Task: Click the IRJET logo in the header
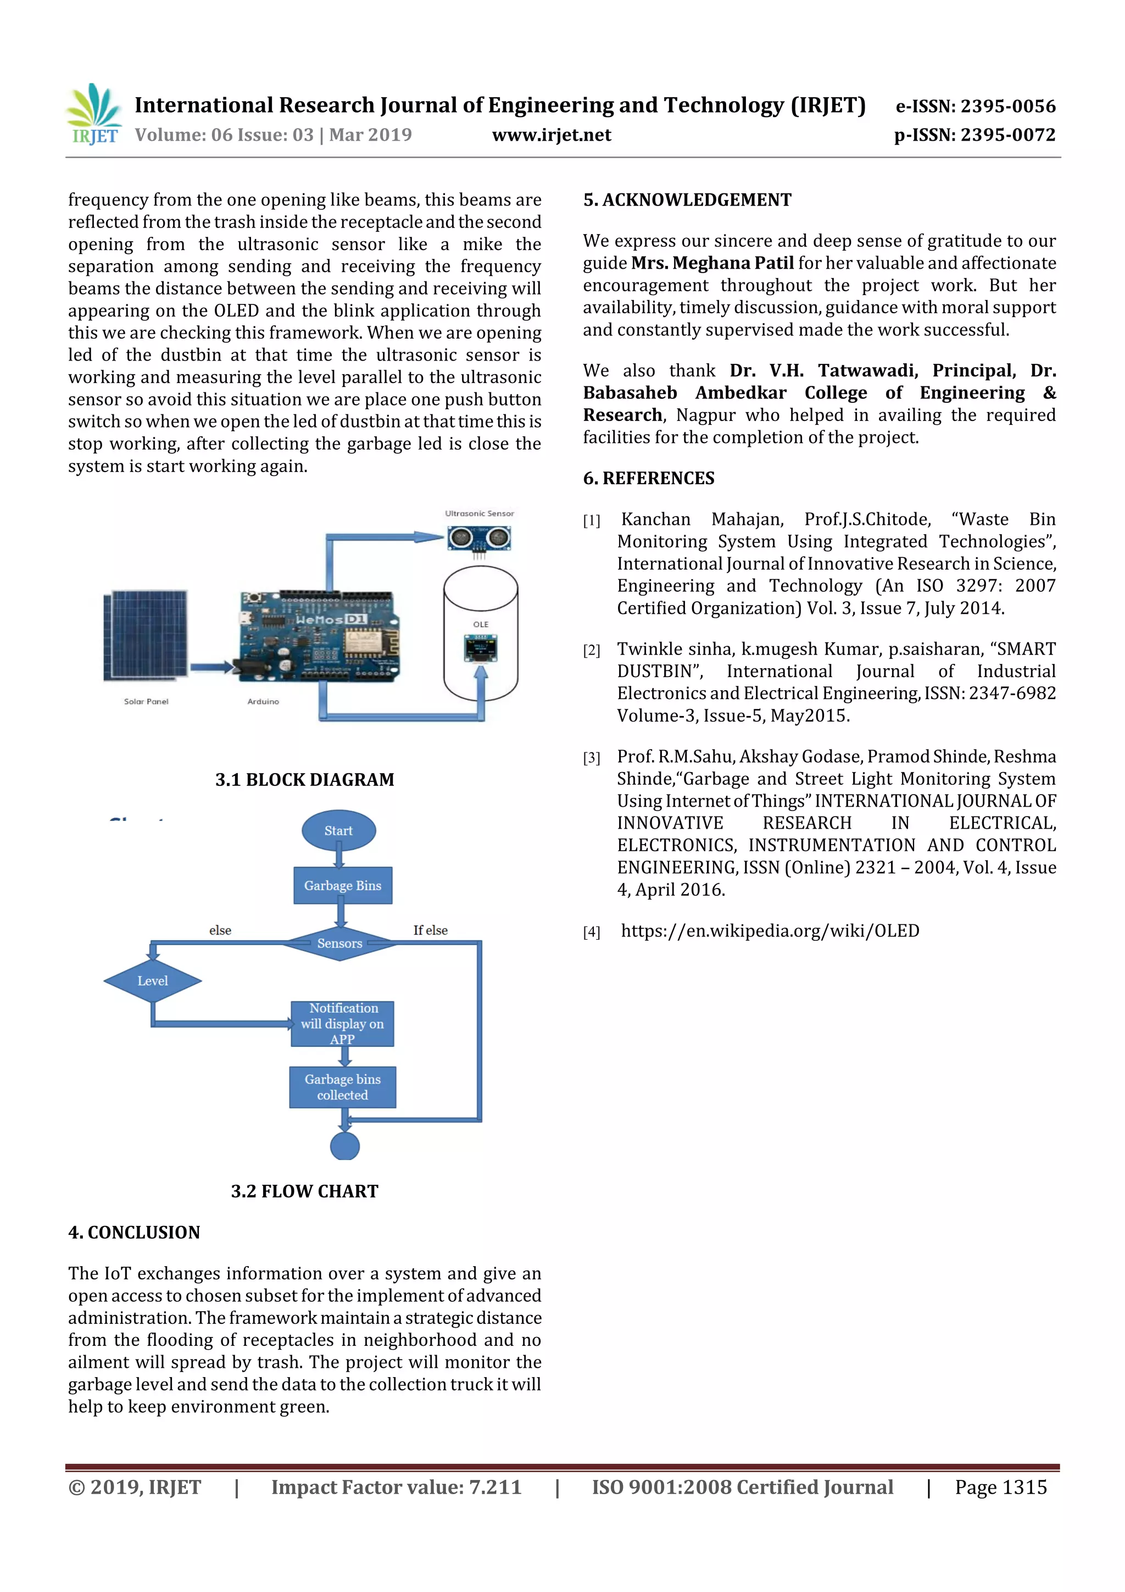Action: click(x=93, y=114)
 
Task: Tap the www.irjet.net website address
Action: click(x=551, y=135)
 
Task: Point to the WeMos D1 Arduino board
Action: click(x=319, y=635)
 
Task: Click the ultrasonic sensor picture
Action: click(x=479, y=538)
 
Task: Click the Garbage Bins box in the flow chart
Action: click(x=342, y=885)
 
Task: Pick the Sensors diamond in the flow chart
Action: click(x=339, y=943)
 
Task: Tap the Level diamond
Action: click(x=153, y=980)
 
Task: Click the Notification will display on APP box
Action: click(x=342, y=1023)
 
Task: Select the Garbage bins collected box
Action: click(x=342, y=1086)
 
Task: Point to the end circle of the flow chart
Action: click(x=344, y=1147)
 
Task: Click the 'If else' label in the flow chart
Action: click(x=431, y=930)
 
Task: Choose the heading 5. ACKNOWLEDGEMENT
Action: click(x=687, y=201)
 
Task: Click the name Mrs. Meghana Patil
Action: click(x=712, y=263)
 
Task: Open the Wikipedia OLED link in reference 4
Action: click(x=770, y=930)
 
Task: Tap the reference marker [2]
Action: click(x=591, y=651)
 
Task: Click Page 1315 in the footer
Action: click(x=1000, y=1486)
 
